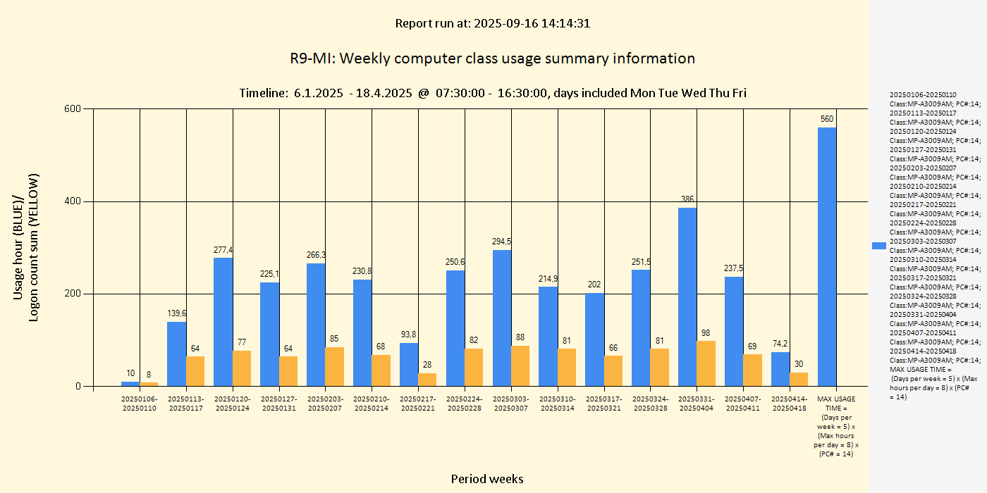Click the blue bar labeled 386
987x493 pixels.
pyautogui.click(x=687, y=297)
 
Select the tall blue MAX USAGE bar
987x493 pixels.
pyautogui.click(x=827, y=256)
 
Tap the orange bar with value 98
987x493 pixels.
pyautogui.click(x=706, y=363)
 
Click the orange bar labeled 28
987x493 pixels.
pyautogui.click(x=427, y=379)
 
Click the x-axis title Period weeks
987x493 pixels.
pyautogui.click(x=487, y=479)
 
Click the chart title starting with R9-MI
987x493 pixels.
pyautogui.click(x=492, y=58)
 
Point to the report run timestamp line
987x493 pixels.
pyautogui.click(x=492, y=23)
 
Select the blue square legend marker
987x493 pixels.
pyautogui.click(x=878, y=246)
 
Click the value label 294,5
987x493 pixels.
pyautogui.click(x=501, y=242)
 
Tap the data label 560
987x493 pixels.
pyautogui.click(x=827, y=119)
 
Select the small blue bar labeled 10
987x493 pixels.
pyautogui.click(x=130, y=384)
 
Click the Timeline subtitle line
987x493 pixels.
pyautogui.click(x=492, y=93)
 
